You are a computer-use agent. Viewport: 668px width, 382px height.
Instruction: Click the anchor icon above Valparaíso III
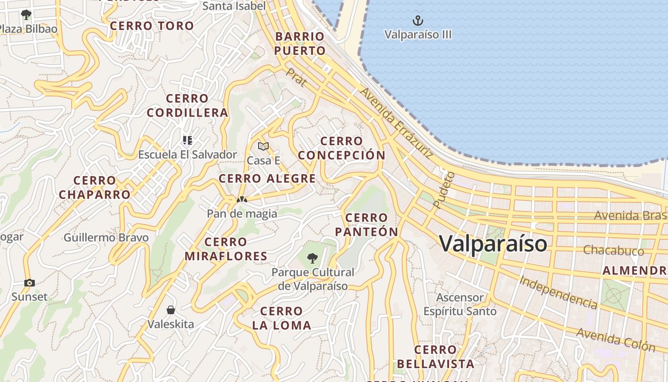tap(418, 21)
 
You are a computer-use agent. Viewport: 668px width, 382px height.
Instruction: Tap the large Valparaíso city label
tap(493, 244)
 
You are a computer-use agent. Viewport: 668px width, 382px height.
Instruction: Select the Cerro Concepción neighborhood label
tap(342, 148)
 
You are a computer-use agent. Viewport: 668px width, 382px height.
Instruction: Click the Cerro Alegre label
tap(267, 179)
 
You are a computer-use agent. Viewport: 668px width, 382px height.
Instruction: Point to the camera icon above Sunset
tap(30, 283)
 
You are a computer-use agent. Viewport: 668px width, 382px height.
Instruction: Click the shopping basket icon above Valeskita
tap(171, 310)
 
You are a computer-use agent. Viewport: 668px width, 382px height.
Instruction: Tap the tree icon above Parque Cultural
tap(313, 258)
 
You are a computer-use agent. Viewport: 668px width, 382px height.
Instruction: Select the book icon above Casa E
tap(263, 146)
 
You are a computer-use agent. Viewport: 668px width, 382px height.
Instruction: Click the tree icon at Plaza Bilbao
tap(26, 14)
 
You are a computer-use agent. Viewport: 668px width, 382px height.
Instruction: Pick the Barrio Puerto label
tap(301, 43)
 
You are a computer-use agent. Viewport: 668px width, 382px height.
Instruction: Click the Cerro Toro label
tap(152, 26)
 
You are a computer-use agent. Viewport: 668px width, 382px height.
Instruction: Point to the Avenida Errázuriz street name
tap(397, 123)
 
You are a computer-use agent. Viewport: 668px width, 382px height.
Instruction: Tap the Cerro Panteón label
tap(366, 225)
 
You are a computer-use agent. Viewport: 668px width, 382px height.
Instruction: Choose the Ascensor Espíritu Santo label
tap(460, 305)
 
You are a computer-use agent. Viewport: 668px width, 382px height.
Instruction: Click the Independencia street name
tap(558, 292)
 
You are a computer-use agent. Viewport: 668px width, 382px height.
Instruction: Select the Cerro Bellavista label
tap(436, 357)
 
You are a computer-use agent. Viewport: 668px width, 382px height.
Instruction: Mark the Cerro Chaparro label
tap(94, 188)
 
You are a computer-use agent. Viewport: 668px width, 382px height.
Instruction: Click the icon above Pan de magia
tap(242, 200)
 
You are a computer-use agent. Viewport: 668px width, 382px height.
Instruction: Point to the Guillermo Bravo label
tap(106, 237)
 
